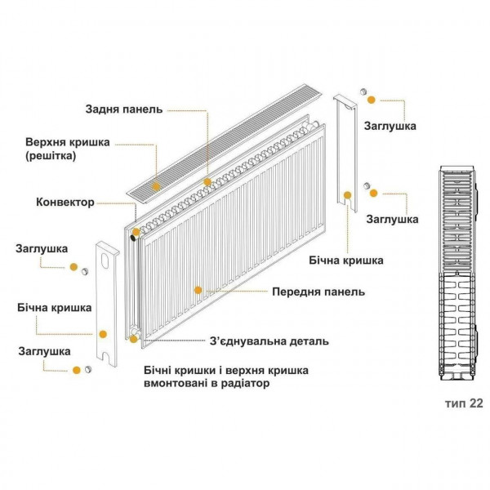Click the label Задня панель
point(124,109)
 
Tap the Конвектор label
point(65,202)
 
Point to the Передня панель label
point(318,292)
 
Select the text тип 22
point(464,403)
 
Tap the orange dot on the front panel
point(197,289)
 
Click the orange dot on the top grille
point(207,181)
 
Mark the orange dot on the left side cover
point(102,333)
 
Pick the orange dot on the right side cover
point(348,194)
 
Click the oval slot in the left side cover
point(106,261)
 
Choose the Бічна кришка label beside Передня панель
point(346,261)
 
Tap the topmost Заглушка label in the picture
point(391,126)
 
